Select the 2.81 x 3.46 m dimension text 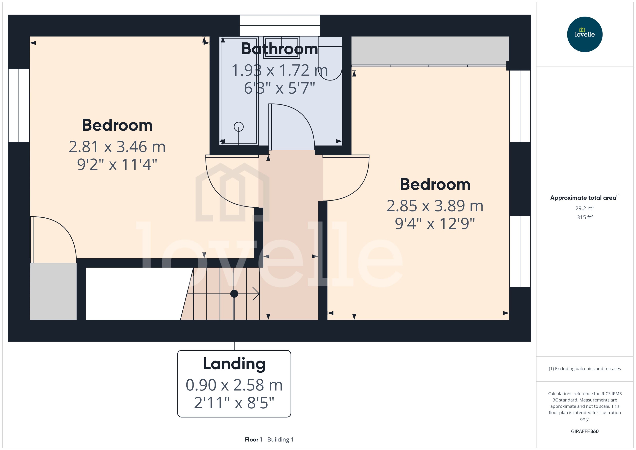pos(117,147)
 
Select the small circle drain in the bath pos(239,127)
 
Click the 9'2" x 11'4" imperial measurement pos(117,165)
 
